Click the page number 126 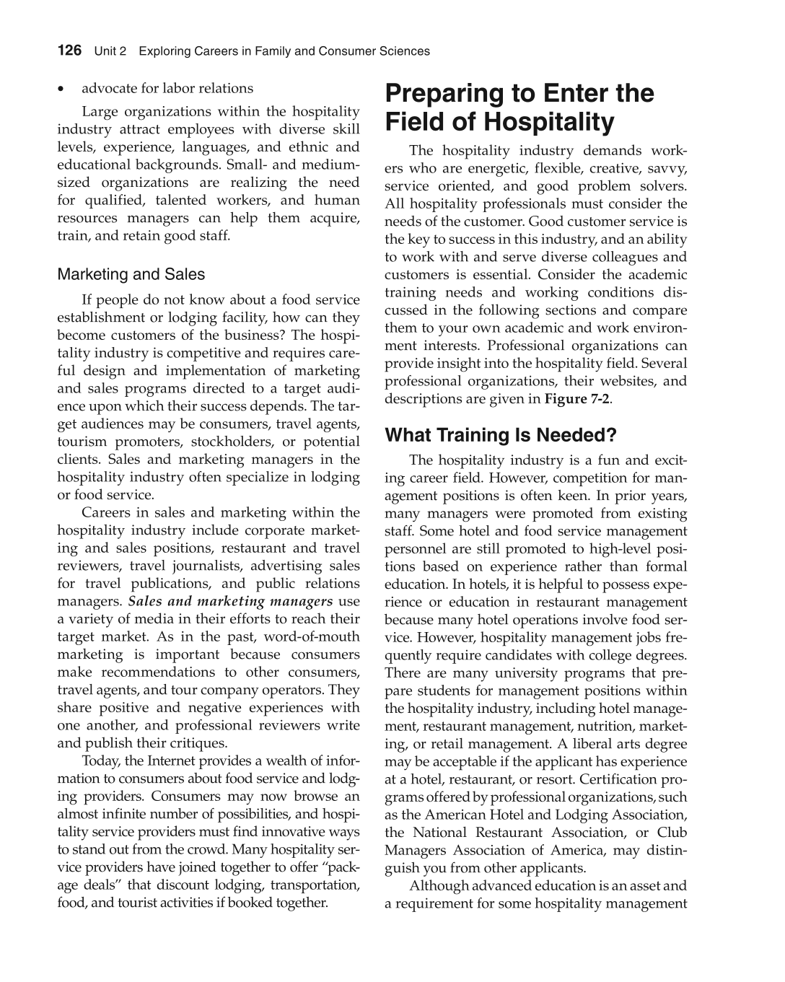[69, 51]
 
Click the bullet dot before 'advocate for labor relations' [63, 89]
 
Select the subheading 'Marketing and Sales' [131, 274]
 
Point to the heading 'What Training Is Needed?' [501, 435]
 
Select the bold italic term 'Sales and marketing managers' [230, 601]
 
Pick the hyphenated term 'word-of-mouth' [312, 636]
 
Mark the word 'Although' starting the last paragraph [440, 885]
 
